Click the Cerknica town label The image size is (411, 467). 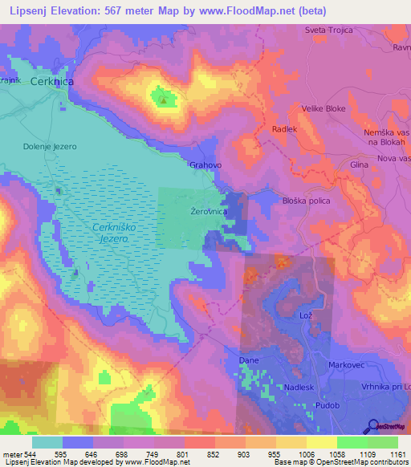click(x=51, y=82)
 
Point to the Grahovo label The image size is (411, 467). click(x=205, y=165)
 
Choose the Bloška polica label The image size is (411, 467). click(x=307, y=201)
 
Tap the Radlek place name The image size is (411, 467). click(x=284, y=129)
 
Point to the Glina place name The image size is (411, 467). click(x=359, y=164)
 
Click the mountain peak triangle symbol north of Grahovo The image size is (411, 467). click(x=164, y=100)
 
